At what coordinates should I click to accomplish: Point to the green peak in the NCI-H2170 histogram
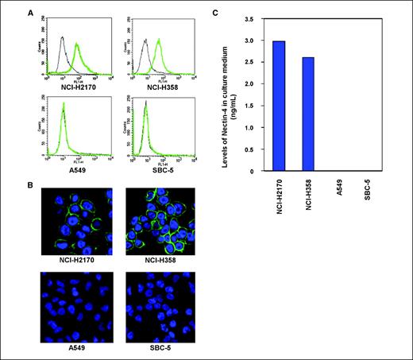coord(77,45)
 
